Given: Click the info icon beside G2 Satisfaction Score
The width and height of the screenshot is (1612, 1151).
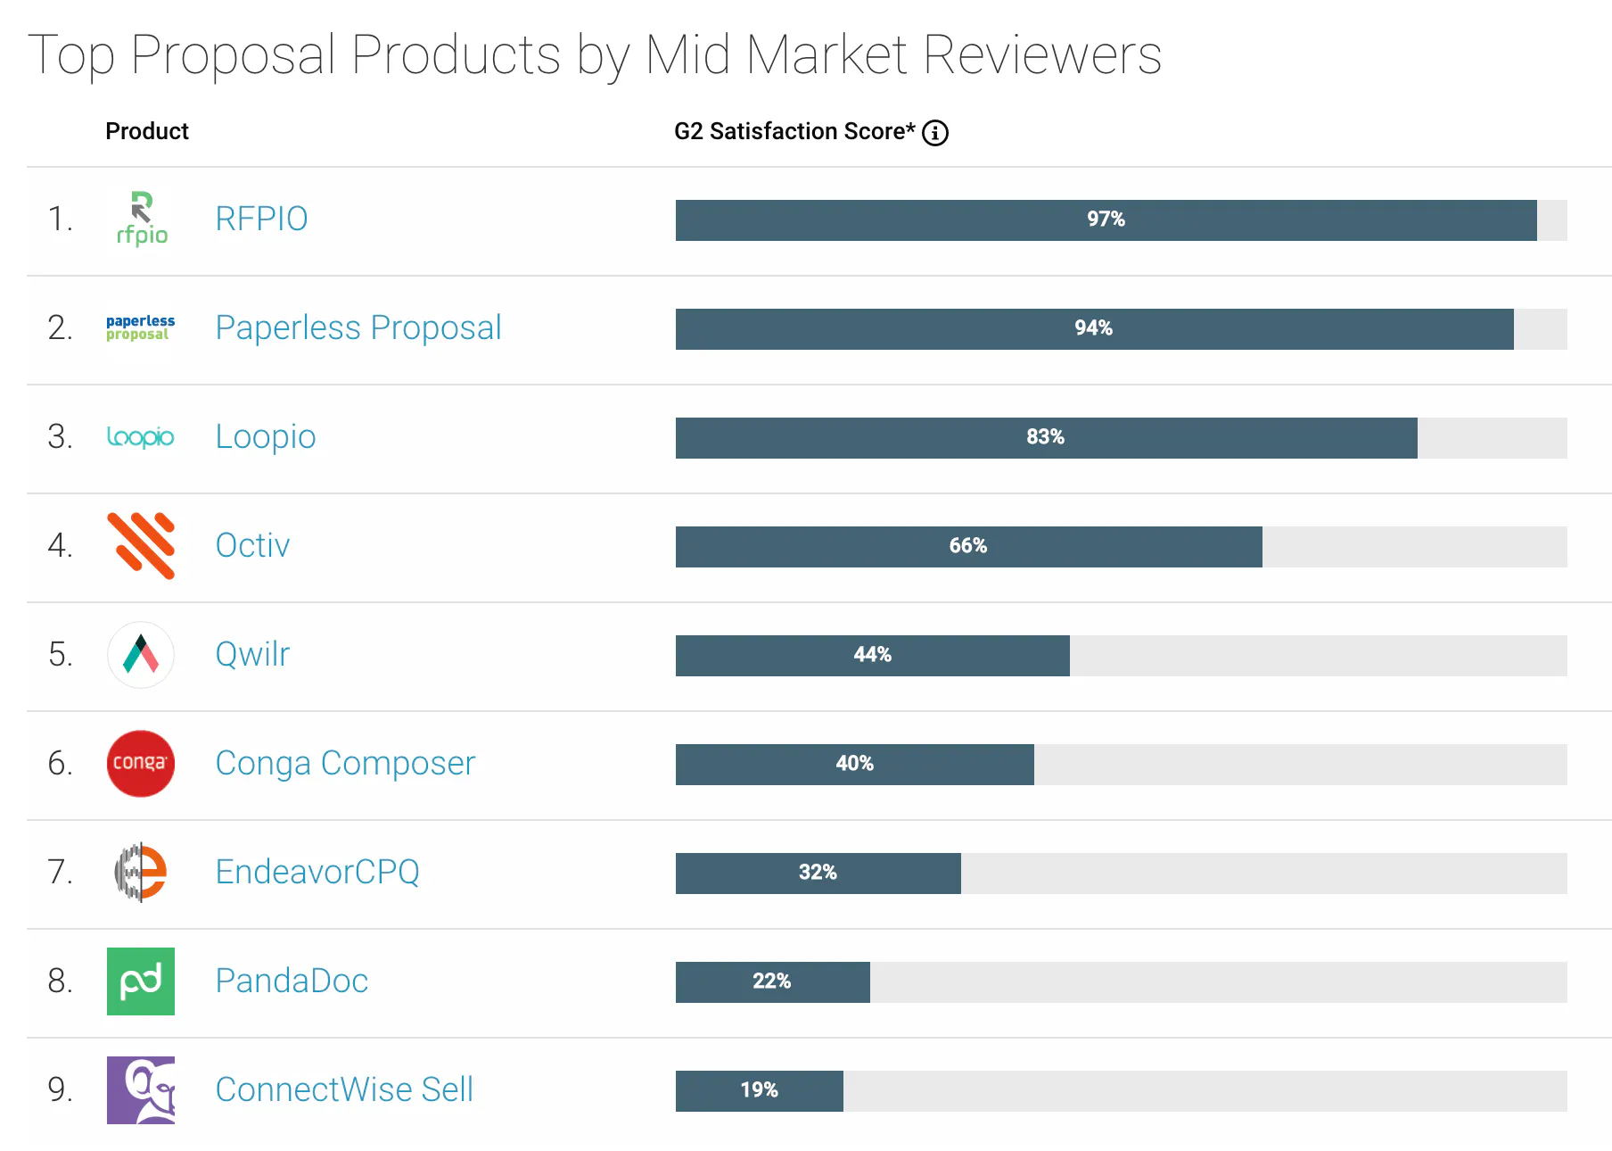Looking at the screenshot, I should (934, 133).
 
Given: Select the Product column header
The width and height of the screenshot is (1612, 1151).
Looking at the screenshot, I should (147, 131).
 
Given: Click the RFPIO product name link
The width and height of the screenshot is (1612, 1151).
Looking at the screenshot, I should (261, 219).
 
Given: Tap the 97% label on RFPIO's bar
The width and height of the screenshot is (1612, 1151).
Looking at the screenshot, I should (1106, 219).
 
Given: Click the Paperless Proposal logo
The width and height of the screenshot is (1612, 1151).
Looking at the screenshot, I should (141, 327).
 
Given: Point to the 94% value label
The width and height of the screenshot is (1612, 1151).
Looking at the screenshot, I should (1093, 328).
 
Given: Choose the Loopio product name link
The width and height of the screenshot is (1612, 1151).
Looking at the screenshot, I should (266, 436).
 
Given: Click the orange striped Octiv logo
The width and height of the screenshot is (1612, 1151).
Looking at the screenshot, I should (141, 545).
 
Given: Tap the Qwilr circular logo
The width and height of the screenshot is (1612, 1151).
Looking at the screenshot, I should (141, 654).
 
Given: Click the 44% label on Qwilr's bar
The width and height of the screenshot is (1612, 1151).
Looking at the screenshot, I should (872, 655).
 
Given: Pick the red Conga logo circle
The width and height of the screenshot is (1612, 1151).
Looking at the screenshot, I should (141, 763).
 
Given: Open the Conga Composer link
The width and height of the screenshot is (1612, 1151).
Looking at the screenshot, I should (345, 763).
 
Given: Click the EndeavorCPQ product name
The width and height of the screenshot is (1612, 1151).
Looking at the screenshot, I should (317, 872).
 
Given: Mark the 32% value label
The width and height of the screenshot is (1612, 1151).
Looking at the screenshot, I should (818, 873).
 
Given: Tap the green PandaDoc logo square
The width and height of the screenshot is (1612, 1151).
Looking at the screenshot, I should (141, 981).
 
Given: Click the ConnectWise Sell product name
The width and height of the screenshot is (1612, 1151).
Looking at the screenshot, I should (344, 1089).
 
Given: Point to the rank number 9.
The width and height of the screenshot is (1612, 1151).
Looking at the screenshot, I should (60, 1089).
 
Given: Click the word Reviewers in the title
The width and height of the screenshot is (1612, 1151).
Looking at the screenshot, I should (1041, 55).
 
